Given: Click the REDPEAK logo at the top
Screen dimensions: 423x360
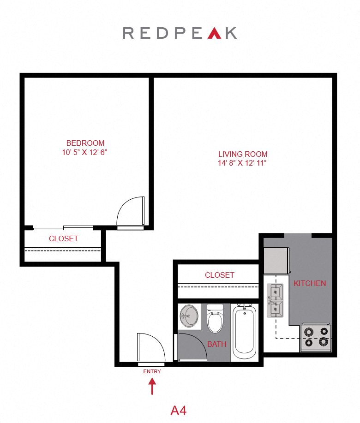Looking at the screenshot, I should (x=180, y=33).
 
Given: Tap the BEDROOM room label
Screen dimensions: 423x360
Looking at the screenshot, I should (x=85, y=143).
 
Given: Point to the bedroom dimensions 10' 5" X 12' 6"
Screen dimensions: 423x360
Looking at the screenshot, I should (x=85, y=152).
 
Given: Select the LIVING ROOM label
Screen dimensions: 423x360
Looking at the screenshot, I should (x=243, y=154).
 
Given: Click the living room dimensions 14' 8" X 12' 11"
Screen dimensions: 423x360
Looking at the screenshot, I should (x=243, y=163).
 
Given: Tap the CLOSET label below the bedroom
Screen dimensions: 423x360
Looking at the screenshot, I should (x=64, y=238).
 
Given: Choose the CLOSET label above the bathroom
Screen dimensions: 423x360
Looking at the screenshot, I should (x=219, y=275).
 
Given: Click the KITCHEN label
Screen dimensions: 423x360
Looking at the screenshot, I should (x=310, y=283).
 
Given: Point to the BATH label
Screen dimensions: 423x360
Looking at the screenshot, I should (x=216, y=344).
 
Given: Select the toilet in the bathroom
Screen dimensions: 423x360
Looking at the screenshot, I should (x=215, y=319).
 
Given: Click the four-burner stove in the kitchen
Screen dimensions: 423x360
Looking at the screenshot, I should (x=316, y=337).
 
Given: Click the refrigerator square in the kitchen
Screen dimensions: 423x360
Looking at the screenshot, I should (x=276, y=261).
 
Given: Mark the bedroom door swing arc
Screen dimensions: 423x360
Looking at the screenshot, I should (x=131, y=211).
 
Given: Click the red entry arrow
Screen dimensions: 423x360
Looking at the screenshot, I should (x=152, y=387).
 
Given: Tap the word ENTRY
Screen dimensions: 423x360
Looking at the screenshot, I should (x=152, y=371).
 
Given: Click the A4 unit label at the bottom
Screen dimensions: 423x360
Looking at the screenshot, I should (x=179, y=410).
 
